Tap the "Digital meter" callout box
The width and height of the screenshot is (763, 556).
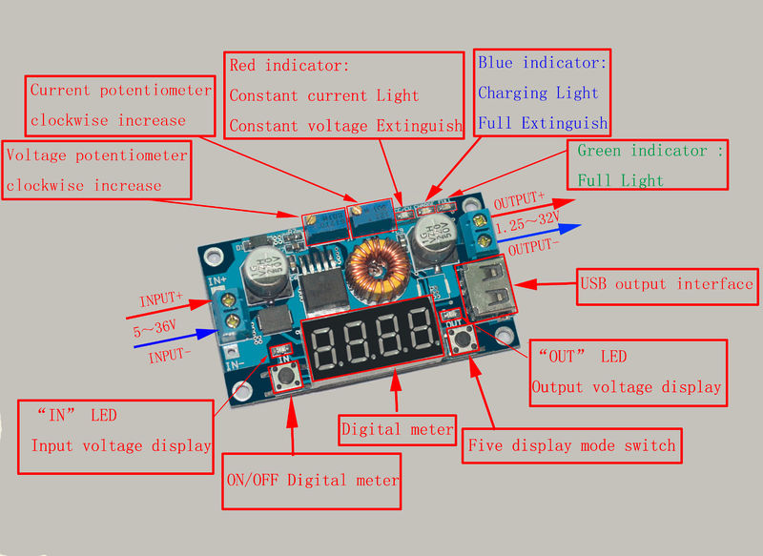tap(398, 430)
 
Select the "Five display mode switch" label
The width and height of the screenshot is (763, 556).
tap(572, 445)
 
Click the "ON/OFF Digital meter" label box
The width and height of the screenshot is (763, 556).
tap(311, 479)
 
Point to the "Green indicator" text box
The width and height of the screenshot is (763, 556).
tap(650, 164)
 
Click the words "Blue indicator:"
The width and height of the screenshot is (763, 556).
tap(542, 63)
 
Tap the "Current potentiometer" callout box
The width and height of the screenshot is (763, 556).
tap(119, 105)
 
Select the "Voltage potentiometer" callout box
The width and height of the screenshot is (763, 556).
tap(97, 170)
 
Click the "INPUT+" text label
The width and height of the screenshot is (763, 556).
tap(160, 299)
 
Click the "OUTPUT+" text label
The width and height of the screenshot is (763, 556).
tap(519, 202)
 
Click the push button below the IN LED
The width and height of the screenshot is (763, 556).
tap(284, 381)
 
